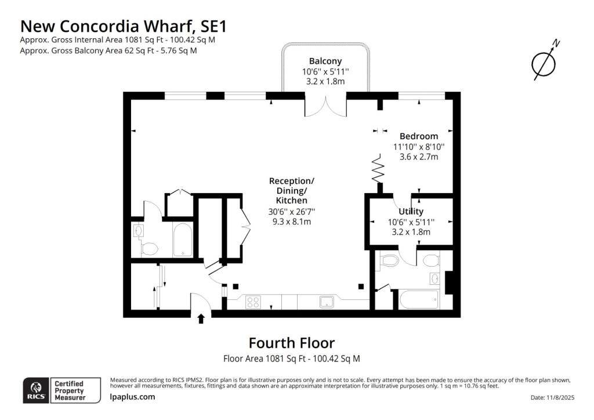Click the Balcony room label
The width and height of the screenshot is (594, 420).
point(325,61)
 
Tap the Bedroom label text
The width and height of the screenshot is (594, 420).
point(419,136)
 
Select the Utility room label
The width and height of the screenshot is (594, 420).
point(411,211)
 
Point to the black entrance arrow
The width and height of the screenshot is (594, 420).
point(201,318)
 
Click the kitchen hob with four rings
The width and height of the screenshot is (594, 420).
point(253,302)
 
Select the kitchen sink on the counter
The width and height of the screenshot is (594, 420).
point(327,302)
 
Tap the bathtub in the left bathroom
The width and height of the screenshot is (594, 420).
point(183,240)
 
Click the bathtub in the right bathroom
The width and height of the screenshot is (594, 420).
point(419,300)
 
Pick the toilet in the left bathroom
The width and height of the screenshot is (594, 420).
point(150,249)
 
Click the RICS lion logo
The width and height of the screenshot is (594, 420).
point(37,390)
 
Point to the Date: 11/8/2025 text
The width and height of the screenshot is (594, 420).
point(552,397)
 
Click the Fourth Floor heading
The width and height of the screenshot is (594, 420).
point(292,343)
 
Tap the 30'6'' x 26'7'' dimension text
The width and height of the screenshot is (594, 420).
point(292,212)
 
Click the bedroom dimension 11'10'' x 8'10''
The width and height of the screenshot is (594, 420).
point(419,147)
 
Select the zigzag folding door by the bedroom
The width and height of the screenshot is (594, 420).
point(378,168)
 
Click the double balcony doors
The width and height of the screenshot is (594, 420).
point(325,108)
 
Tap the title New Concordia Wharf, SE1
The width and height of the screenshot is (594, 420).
point(124,26)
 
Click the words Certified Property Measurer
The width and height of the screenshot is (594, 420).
point(70,390)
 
